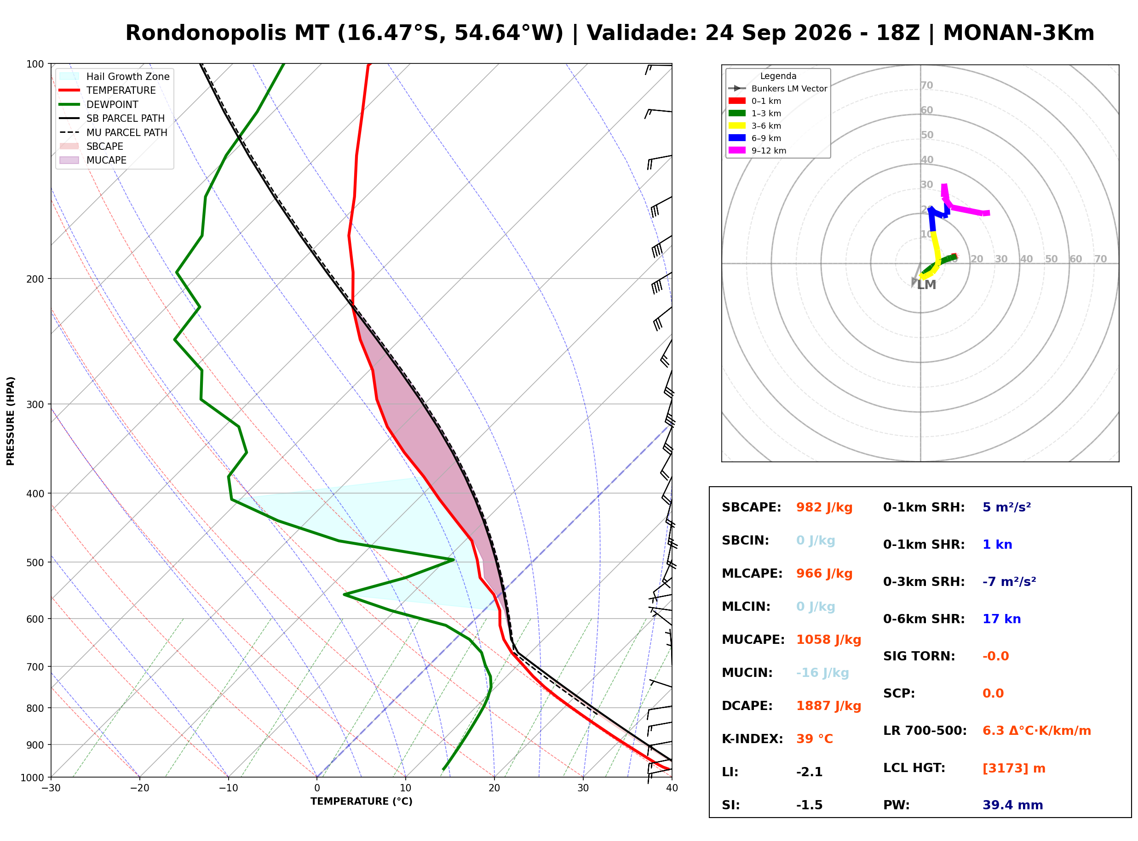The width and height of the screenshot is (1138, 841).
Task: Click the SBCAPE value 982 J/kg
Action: point(824,507)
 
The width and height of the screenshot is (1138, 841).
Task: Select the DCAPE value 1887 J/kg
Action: point(828,706)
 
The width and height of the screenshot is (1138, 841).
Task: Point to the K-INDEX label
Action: point(753,739)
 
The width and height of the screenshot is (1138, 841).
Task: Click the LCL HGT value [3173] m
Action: point(1014,768)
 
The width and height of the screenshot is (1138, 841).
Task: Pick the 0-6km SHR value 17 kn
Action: point(1001,619)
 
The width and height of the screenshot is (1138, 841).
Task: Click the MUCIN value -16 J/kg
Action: point(822,673)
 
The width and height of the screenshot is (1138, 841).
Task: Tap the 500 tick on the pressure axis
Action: point(36,563)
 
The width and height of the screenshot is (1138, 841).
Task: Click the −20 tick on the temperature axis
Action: point(139,788)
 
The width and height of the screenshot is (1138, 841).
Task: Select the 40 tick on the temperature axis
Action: point(672,788)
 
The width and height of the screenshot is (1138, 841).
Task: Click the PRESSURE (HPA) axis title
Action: point(11,421)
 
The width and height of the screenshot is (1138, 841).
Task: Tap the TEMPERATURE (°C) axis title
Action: point(361,802)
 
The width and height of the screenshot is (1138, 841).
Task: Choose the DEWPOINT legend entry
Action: point(112,104)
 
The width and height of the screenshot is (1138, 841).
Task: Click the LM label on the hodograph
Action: point(926,285)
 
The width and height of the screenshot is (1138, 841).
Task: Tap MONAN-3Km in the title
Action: point(1018,33)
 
